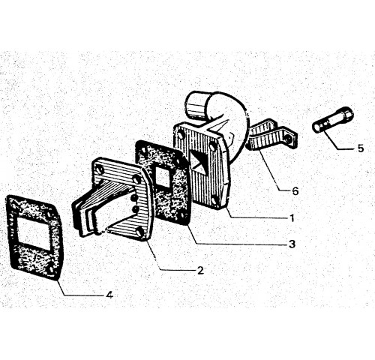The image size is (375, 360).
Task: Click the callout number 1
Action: [x=292, y=218]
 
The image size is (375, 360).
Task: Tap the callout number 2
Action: [x=200, y=270]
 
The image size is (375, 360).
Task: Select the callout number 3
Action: [x=292, y=244]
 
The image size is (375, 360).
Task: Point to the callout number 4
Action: [x=109, y=295]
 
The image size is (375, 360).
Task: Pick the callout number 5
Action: [x=361, y=148]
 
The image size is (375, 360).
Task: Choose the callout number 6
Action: [x=295, y=191]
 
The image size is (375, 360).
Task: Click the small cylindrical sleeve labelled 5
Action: [x=333, y=119]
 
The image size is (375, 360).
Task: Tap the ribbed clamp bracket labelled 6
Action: [x=272, y=136]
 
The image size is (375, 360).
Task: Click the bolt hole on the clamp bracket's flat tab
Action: [x=289, y=138]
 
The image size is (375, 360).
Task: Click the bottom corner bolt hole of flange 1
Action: [x=214, y=200]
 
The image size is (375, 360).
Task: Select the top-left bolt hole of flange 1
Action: [x=181, y=135]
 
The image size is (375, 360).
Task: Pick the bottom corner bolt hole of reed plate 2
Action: [x=141, y=231]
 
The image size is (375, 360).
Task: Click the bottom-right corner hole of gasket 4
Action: [x=51, y=269]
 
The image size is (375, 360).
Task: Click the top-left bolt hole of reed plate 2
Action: [x=100, y=170]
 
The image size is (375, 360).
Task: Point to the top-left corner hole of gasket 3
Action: [x=143, y=151]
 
